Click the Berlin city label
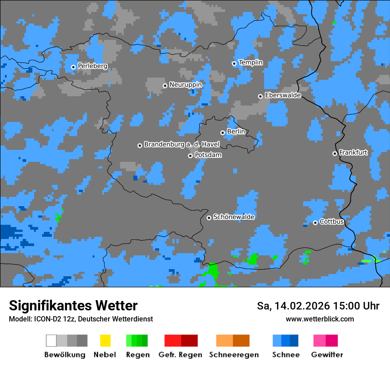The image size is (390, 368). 236,132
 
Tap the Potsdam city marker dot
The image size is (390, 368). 190,156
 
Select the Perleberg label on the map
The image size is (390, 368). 92,66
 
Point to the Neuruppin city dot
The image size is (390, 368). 165,86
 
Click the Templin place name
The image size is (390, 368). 250,63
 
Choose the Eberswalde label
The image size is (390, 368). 283,95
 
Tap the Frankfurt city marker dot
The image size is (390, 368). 335,153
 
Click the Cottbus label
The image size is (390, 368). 331,222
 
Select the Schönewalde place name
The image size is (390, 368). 234,217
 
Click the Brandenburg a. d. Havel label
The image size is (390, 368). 182,145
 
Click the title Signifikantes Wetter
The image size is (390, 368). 73,305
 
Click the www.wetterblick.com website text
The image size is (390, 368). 320,319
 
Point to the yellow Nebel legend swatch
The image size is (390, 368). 105,341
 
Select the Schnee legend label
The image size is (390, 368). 285,355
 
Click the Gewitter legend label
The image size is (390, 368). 327,355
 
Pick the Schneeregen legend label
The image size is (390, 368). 233,355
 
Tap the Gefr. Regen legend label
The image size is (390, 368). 180,355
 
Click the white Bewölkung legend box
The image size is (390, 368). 51,341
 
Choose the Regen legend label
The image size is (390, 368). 137,355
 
